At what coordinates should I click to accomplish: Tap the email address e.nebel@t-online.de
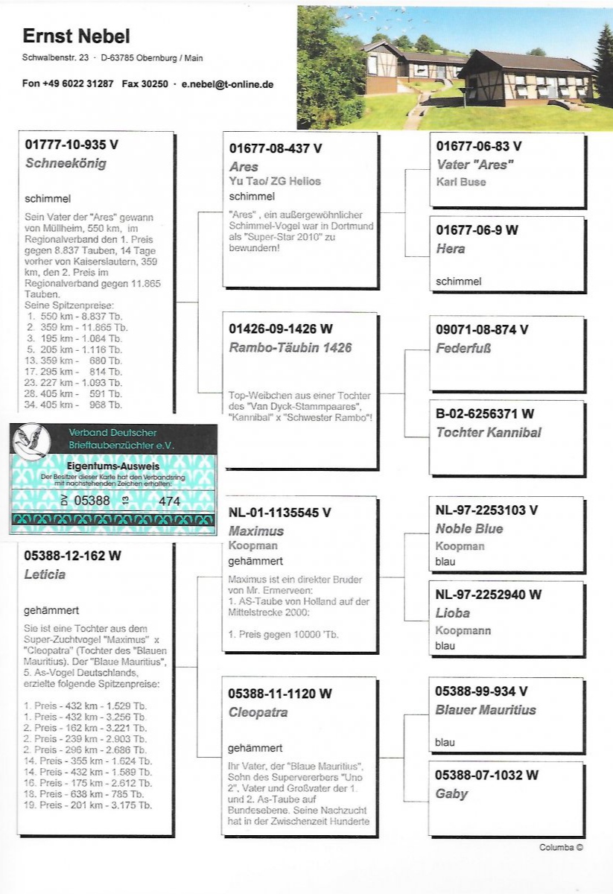(x=227, y=84)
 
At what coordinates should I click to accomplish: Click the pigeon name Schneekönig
(x=66, y=163)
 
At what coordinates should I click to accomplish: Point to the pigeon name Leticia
(x=45, y=574)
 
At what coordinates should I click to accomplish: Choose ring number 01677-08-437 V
(x=276, y=148)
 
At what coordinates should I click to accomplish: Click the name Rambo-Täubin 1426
(x=290, y=348)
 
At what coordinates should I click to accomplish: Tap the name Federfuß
(x=464, y=348)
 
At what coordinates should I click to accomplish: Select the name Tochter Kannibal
(x=489, y=432)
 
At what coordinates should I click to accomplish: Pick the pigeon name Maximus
(x=256, y=531)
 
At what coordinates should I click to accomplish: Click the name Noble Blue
(x=469, y=529)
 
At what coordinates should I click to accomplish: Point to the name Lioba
(x=453, y=613)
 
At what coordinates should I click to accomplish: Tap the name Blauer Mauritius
(x=486, y=710)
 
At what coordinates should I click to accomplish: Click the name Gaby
(x=451, y=794)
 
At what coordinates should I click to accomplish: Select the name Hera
(x=450, y=249)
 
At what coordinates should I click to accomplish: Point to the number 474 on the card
(x=169, y=501)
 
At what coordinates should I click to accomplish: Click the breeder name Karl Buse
(x=461, y=182)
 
